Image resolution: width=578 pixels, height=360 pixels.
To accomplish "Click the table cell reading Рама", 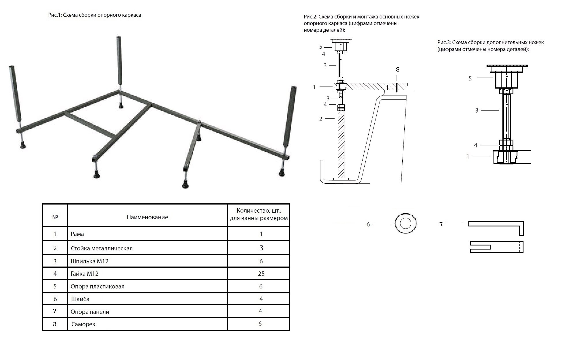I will point(77,234).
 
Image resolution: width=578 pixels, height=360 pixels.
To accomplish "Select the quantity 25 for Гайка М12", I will point(261,274).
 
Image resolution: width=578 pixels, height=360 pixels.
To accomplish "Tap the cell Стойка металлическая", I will point(102,248).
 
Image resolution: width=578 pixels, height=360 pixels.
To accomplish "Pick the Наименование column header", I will point(147,217).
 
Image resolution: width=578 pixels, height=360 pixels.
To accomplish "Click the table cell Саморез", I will point(83,324).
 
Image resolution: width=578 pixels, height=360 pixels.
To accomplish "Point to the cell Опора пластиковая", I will point(97,286).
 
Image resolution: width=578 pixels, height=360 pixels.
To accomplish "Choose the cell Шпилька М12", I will point(89,261).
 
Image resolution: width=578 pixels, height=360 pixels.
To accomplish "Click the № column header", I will point(55,217).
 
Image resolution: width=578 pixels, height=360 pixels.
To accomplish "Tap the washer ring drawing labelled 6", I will point(405,224).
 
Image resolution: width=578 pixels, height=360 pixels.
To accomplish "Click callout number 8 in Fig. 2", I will point(397,70).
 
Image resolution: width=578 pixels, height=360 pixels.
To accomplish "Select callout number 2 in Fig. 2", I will point(321,119).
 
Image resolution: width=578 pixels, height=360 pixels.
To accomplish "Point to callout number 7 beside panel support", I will point(441,224).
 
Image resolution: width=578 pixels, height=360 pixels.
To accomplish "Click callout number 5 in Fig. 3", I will point(470,78).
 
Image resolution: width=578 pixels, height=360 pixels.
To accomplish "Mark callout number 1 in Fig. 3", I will point(468,157).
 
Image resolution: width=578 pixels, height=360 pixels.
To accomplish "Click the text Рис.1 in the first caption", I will point(55,15).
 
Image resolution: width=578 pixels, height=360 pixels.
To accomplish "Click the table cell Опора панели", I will point(90,312).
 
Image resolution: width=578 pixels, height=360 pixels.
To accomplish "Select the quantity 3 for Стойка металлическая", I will point(261,248).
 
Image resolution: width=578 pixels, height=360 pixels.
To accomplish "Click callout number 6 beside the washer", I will point(368,224).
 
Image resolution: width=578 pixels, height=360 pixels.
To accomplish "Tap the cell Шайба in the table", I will point(80,299).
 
